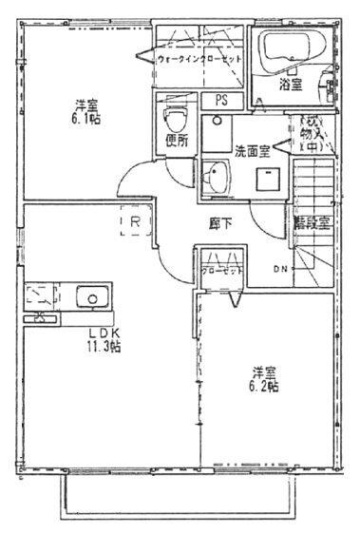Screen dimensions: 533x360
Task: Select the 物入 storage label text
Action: point(313,134)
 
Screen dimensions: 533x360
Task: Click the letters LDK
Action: point(103,333)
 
